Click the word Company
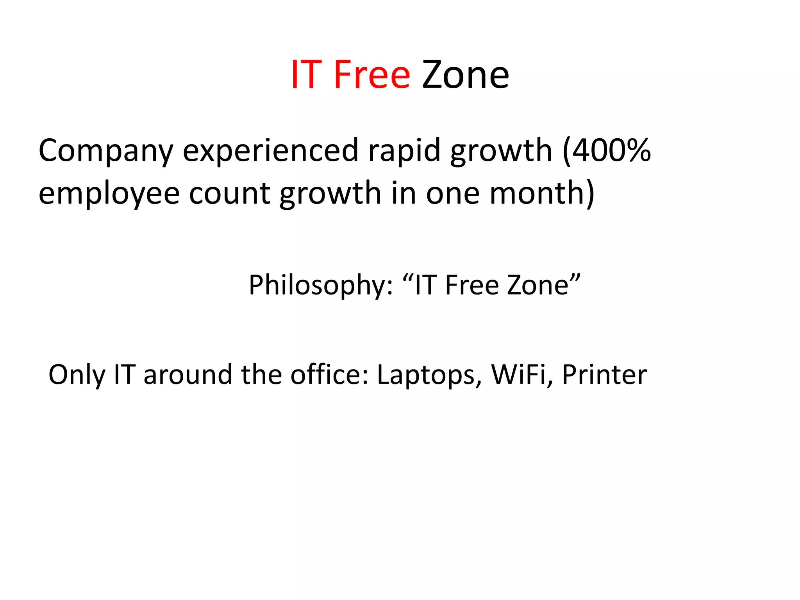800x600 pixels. click(105, 151)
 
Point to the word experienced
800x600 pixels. click(270, 151)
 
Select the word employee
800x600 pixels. click(109, 194)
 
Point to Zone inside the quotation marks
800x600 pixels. click(537, 285)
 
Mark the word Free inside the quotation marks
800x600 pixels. click(472, 285)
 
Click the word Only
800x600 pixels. click(77, 375)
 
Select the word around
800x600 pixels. click(188, 375)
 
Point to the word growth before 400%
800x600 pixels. click(501, 151)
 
